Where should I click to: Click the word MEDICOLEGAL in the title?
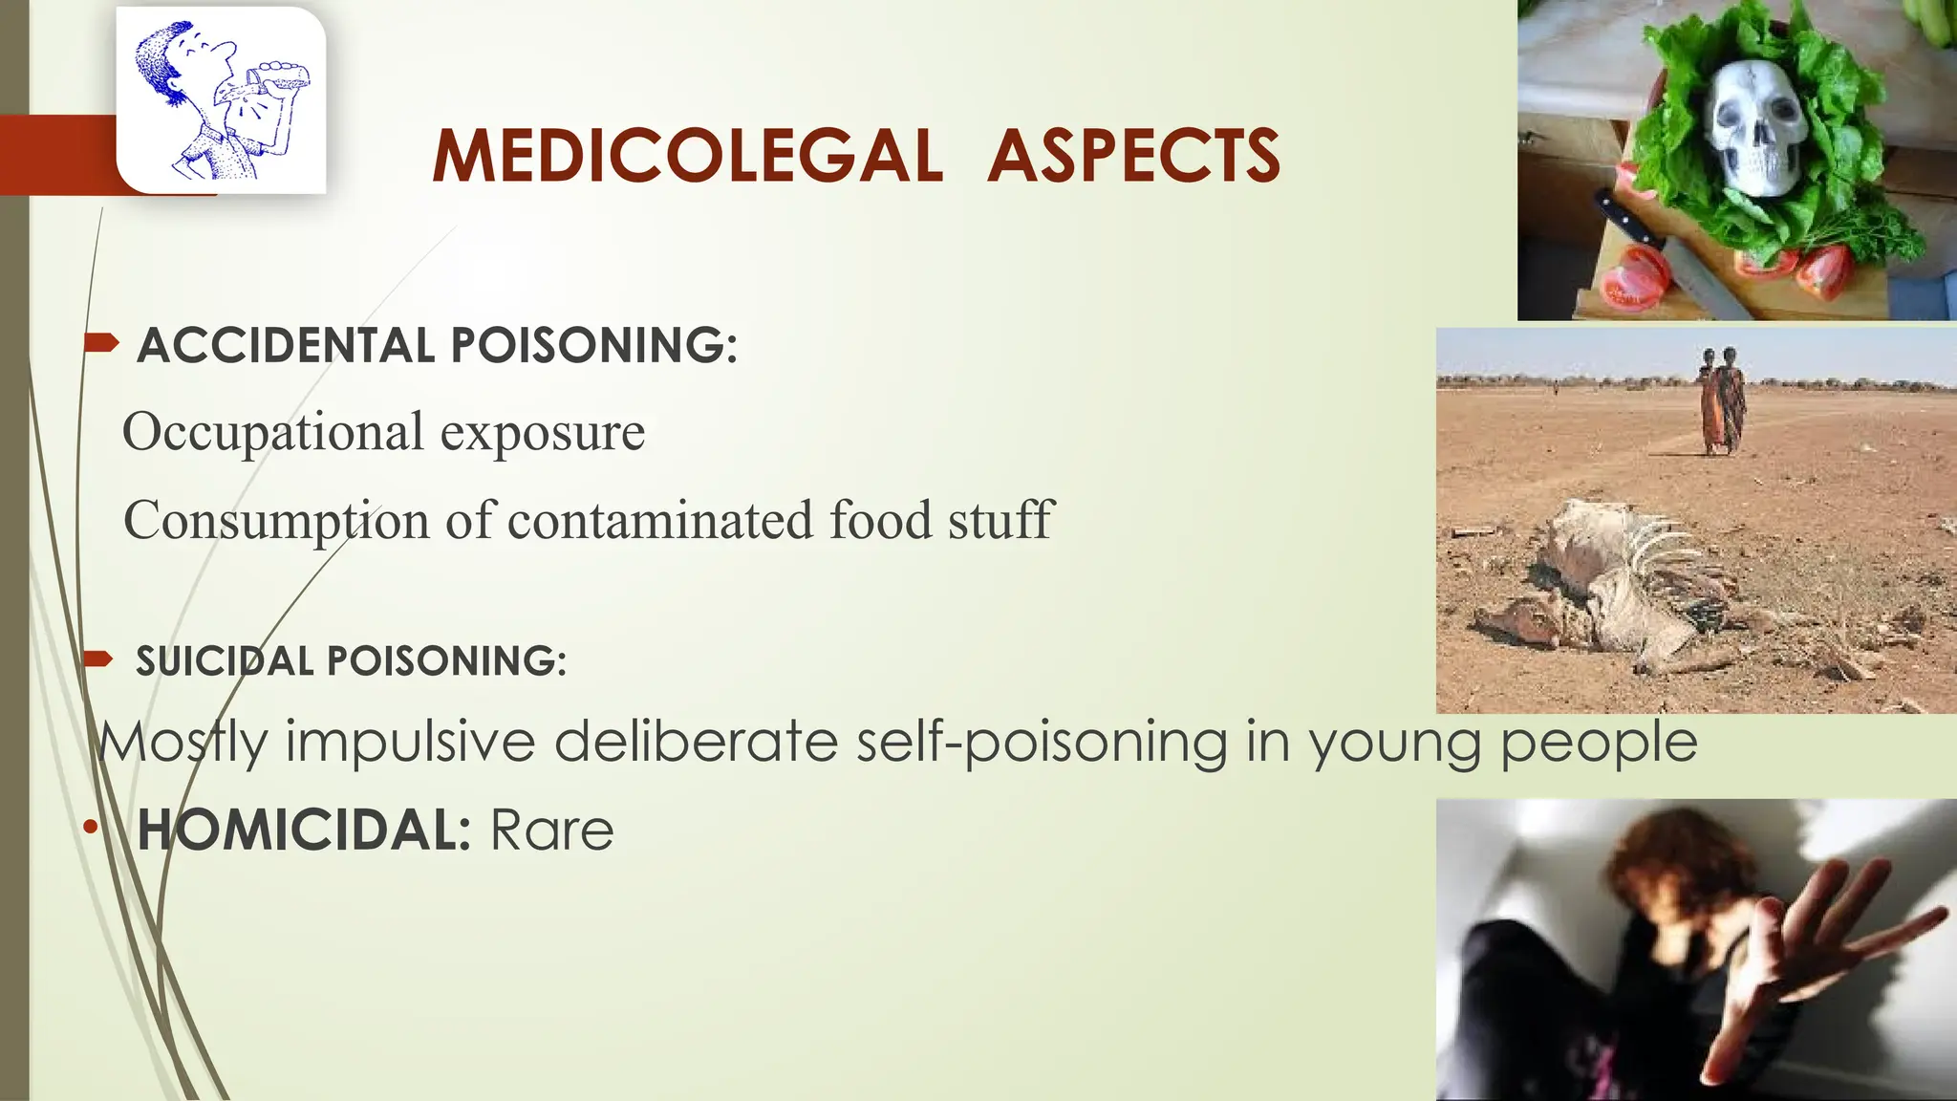pyautogui.click(x=687, y=156)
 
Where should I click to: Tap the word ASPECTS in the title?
pyautogui.click(x=1133, y=156)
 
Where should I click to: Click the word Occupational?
pyautogui.click(x=273, y=433)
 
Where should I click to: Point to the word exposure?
pyautogui.click(x=542, y=433)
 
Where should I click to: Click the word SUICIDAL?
pyautogui.click(x=225, y=661)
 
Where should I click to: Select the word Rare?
pyautogui.click(x=551, y=830)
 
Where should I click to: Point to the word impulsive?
pyautogui.click(x=410, y=742)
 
